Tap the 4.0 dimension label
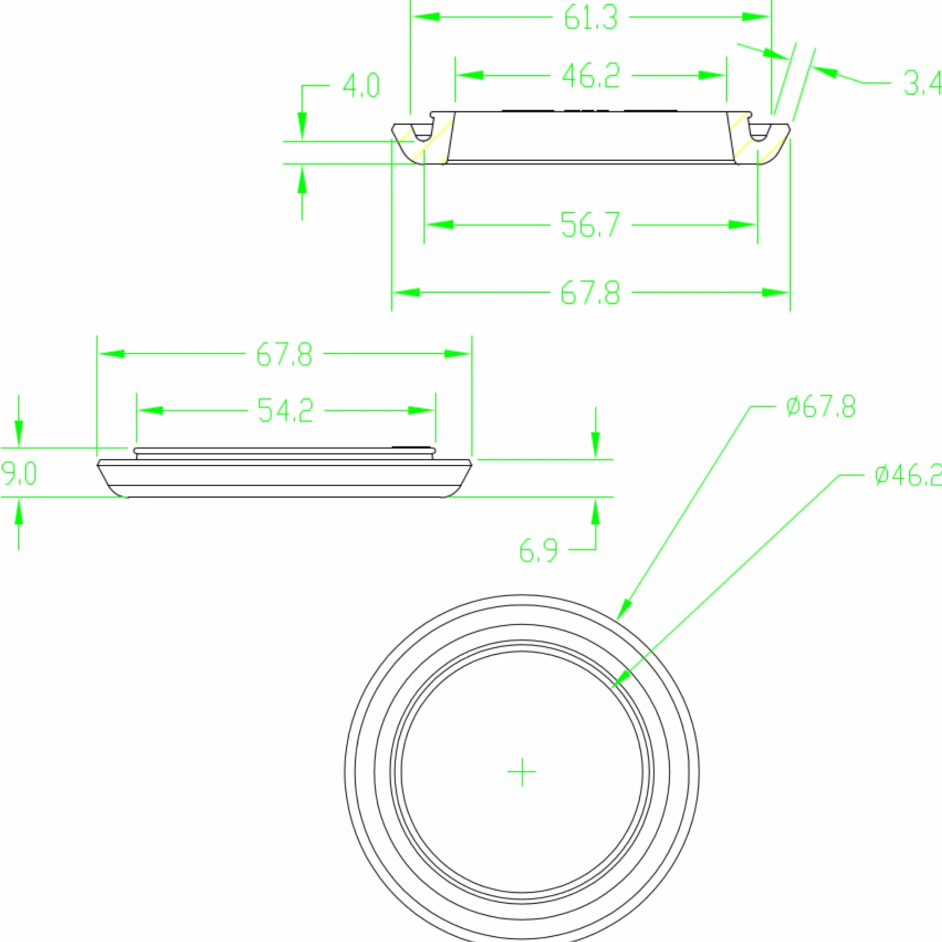pyautogui.click(x=361, y=85)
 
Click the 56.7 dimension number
pyautogui.click(x=590, y=225)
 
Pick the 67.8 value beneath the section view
pyautogui.click(x=590, y=293)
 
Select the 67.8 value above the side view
pyautogui.click(x=284, y=354)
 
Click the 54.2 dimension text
pyautogui.click(x=286, y=411)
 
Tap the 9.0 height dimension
pyautogui.click(x=18, y=473)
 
